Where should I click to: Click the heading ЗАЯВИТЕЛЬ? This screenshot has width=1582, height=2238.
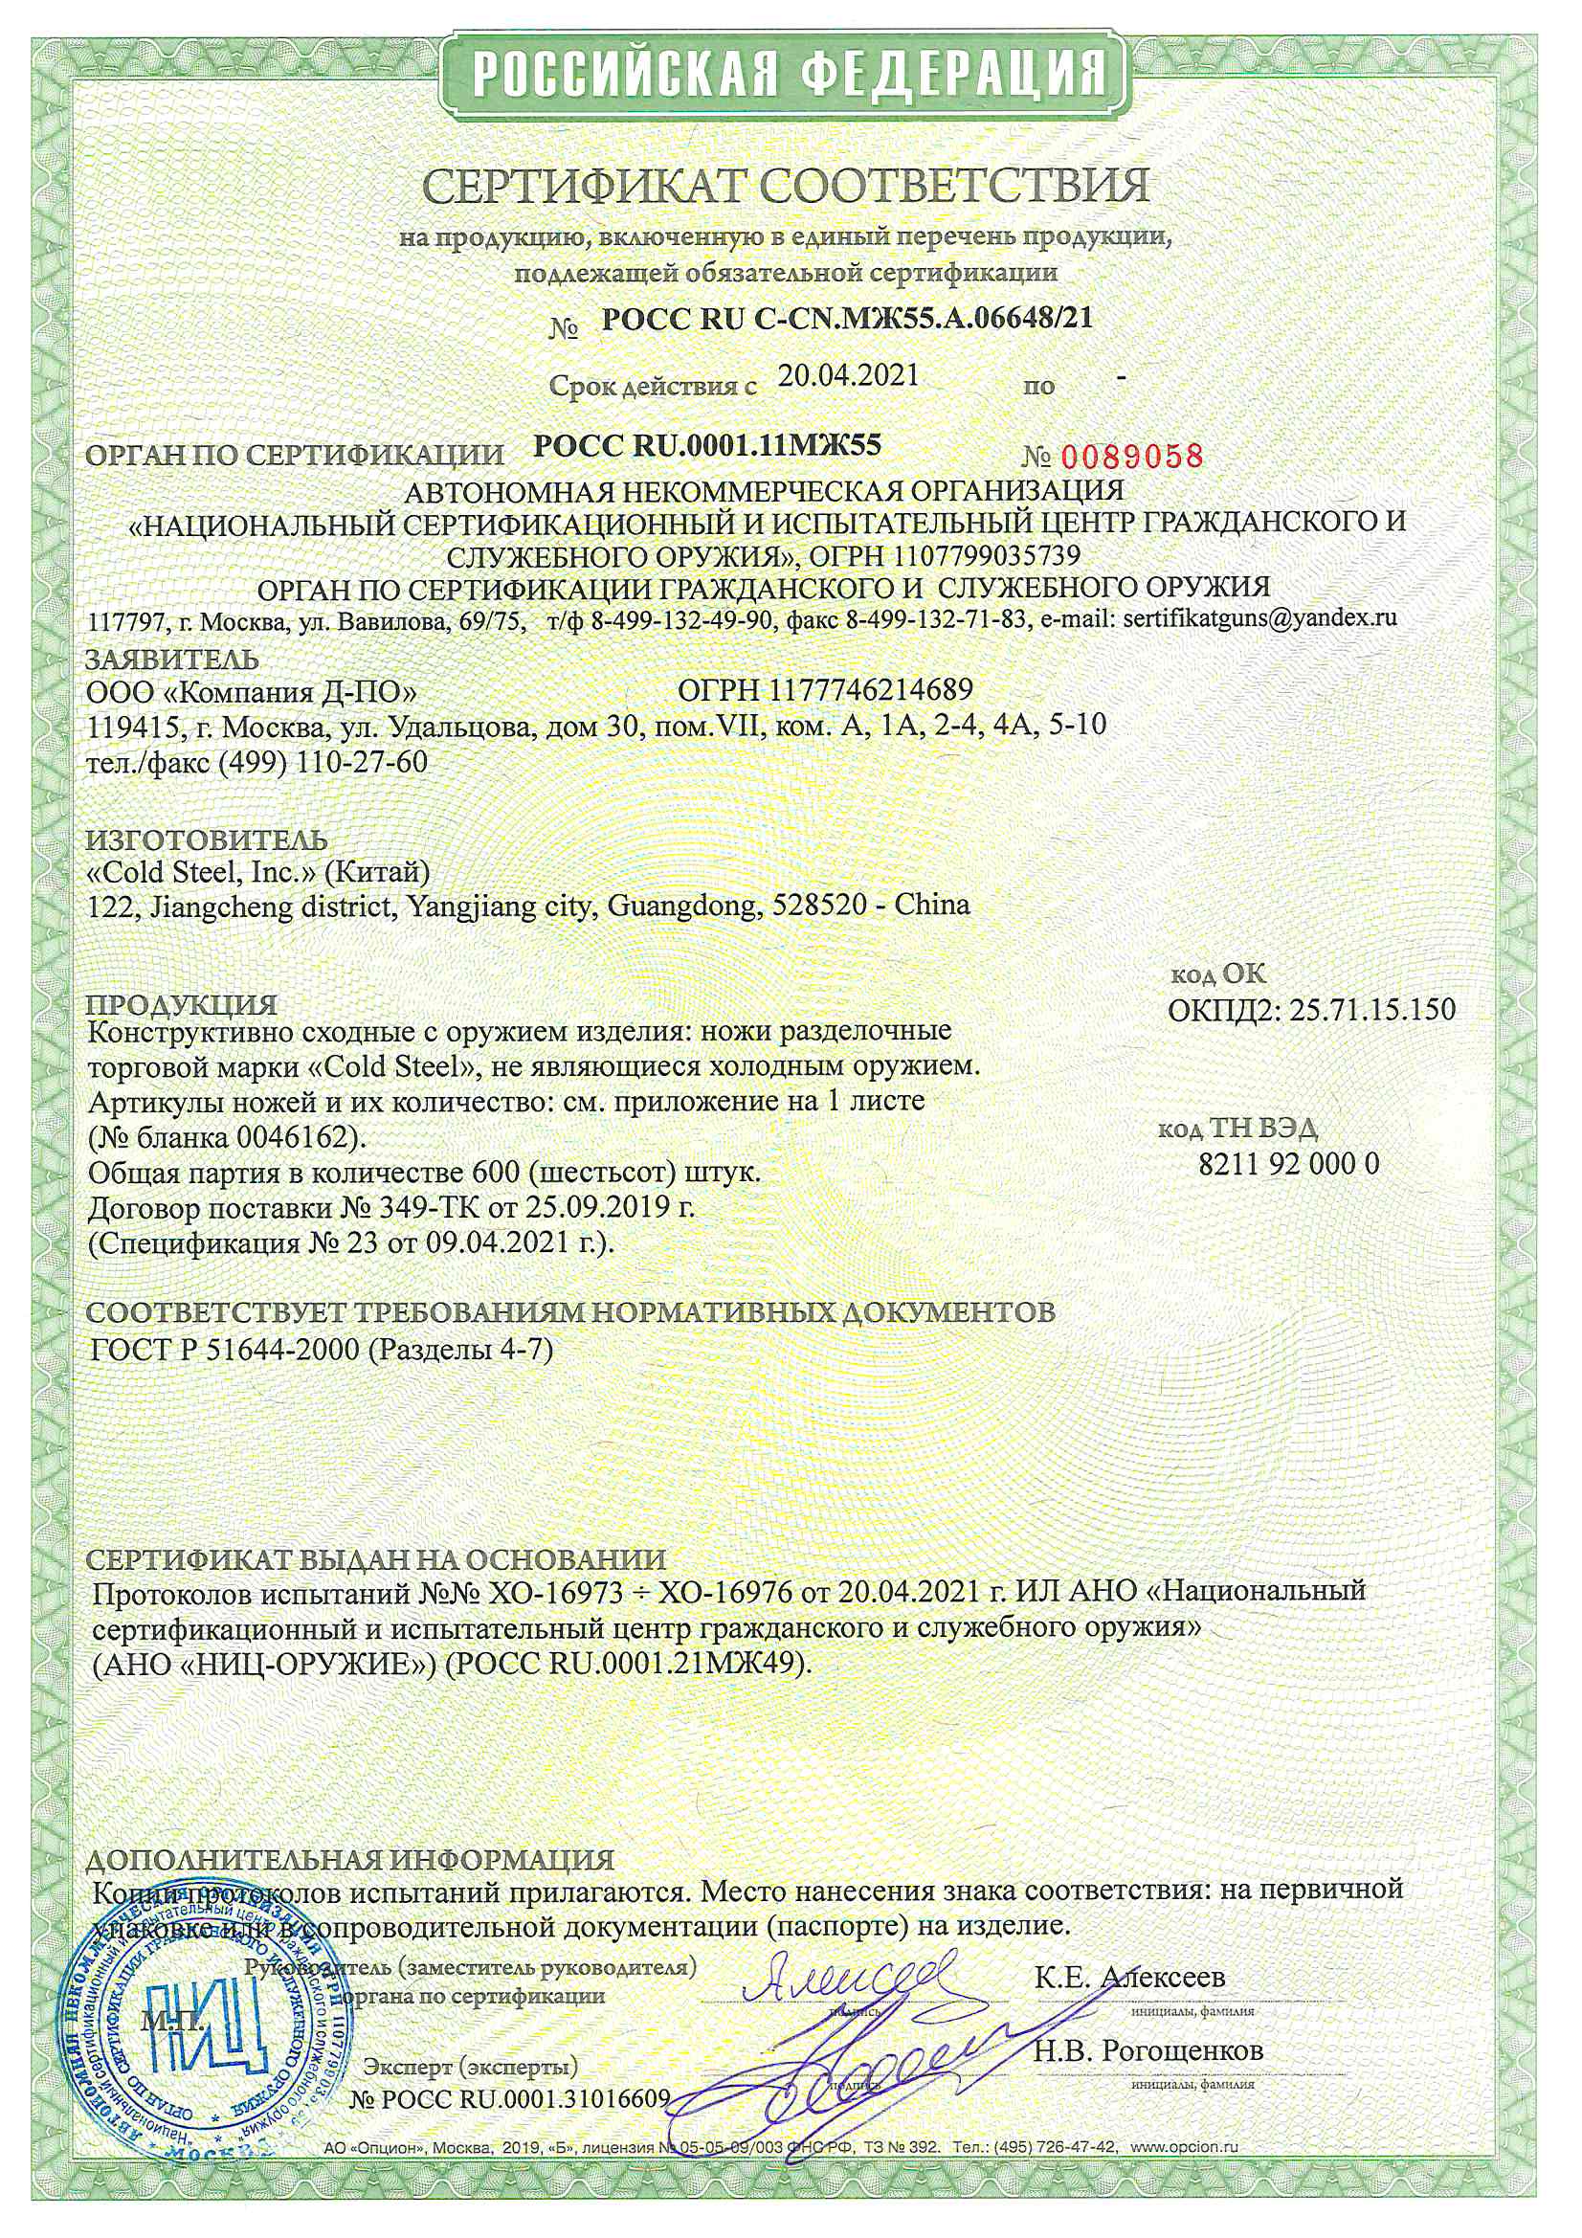pyautogui.click(x=172, y=659)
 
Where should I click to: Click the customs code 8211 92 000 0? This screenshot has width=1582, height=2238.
pyautogui.click(x=1287, y=1164)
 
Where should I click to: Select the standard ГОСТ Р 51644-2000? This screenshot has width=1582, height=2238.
pyautogui.click(x=225, y=1349)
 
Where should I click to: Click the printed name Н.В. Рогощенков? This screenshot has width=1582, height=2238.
pyautogui.click(x=1148, y=2049)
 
